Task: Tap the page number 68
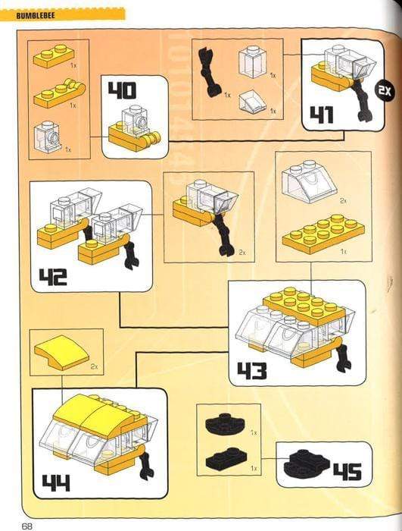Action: (x=27, y=524)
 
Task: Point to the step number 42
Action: (x=53, y=275)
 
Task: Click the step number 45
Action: (x=346, y=471)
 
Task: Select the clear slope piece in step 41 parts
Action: (x=254, y=100)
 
